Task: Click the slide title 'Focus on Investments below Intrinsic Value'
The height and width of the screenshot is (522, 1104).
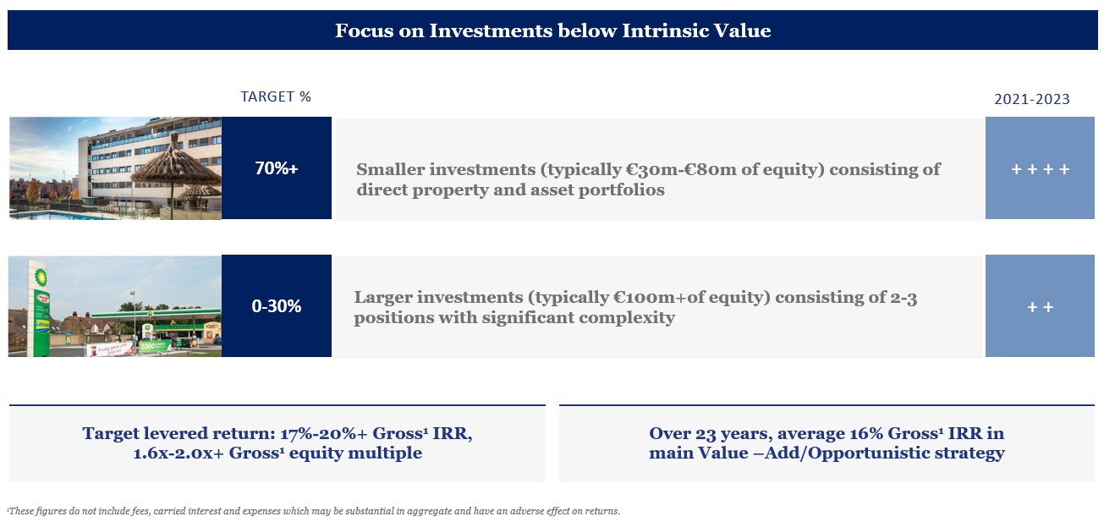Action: click(552, 31)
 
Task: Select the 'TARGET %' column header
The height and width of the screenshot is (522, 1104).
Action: click(276, 96)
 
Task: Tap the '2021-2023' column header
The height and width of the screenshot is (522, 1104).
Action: click(1031, 99)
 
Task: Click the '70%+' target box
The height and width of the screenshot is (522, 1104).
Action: click(277, 168)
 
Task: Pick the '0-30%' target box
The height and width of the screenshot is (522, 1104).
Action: click(277, 306)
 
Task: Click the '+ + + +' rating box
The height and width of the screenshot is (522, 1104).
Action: click(1040, 168)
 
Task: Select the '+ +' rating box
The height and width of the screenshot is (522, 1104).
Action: click(1040, 306)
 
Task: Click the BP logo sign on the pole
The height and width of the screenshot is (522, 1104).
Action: click(40, 277)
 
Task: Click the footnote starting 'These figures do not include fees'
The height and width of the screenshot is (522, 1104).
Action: click(313, 511)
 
